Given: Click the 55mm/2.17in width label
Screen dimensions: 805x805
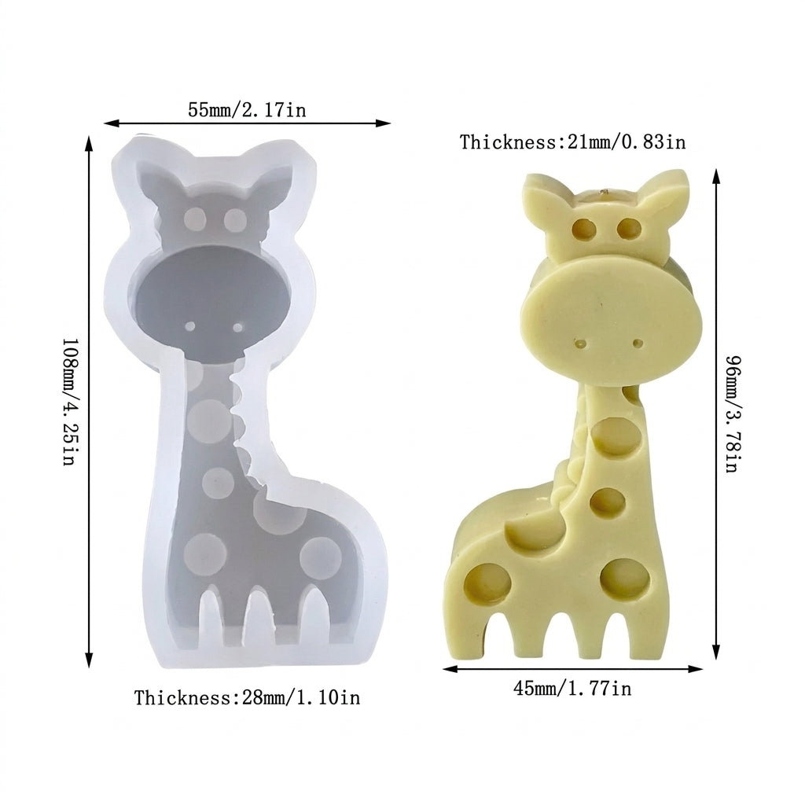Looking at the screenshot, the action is point(247,110).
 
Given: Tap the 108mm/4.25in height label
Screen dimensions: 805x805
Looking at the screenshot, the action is point(70,402).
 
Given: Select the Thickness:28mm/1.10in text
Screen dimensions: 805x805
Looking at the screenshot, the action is point(248,698).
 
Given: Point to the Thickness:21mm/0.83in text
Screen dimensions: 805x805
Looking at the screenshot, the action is point(572,142).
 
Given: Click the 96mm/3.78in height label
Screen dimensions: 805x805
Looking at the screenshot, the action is point(733,414).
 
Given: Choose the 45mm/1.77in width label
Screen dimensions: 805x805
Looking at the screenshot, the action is point(572,687).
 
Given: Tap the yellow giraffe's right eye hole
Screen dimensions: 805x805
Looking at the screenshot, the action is point(628,228).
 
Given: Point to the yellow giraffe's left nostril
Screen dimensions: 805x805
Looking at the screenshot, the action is point(581,343).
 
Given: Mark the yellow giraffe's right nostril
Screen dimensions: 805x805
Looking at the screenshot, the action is point(638,343).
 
